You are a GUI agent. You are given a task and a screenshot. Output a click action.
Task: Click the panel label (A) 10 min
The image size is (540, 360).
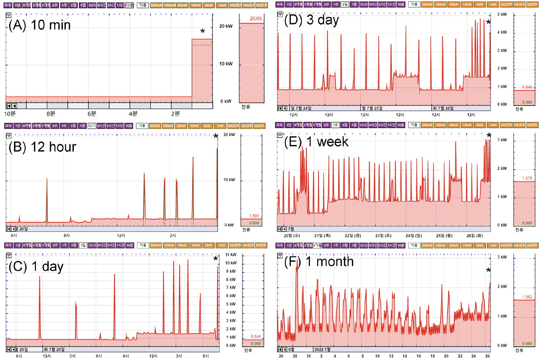[40, 25]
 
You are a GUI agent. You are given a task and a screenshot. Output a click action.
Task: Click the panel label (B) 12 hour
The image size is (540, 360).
[42, 147]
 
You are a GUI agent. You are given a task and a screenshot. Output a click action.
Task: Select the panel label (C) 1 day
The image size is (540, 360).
[36, 266]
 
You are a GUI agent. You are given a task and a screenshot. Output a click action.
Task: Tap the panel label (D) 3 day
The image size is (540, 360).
[311, 20]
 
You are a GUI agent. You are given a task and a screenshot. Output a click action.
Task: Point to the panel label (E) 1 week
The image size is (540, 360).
[316, 142]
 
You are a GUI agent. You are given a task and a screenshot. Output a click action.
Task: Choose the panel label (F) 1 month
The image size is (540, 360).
[319, 262]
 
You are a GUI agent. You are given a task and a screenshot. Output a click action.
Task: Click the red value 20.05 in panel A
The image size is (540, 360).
[256, 19]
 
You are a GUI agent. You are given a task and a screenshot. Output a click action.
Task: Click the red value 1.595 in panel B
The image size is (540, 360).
[254, 216]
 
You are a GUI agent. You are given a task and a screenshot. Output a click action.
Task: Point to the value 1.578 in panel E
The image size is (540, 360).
[527, 178]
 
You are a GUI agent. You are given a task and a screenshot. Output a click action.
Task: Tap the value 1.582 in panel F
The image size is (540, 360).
[527, 297]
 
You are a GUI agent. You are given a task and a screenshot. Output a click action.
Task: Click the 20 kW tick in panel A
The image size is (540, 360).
[226, 26]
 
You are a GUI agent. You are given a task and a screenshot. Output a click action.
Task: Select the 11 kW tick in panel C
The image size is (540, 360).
[231, 255]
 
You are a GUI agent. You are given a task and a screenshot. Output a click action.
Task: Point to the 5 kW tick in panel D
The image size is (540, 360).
[502, 14]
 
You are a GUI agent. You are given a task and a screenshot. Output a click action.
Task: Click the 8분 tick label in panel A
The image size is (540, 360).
[51, 114]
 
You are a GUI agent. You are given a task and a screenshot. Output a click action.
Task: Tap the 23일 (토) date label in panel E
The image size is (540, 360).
[383, 236]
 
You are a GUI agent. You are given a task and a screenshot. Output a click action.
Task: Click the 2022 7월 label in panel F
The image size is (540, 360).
[323, 349]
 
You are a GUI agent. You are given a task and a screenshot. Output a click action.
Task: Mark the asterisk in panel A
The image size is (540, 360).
[203, 31]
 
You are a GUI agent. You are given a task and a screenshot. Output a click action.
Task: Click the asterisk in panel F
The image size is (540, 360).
[488, 270]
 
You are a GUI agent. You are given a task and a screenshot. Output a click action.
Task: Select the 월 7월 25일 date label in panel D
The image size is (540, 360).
[372, 108]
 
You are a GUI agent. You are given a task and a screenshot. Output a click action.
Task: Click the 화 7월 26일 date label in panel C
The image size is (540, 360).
[54, 349]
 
